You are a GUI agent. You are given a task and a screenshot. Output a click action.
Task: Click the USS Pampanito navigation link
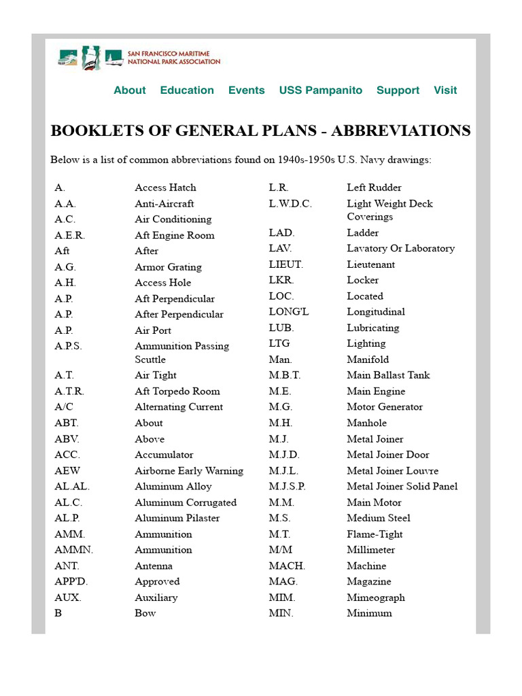pyautogui.click(x=321, y=90)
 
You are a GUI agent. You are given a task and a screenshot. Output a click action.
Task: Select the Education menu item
pyautogui.click(x=187, y=90)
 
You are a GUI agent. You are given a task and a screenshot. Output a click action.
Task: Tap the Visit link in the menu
pyautogui.click(x=445, y=90)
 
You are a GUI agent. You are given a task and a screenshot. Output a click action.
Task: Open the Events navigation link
pyautogui.click(x=246, y=90)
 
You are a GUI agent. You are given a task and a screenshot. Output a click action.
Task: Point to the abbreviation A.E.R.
pyautogui.click(x=70, y=235)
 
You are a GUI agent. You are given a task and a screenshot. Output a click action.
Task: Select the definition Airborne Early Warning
pyautogui.click(x=189, y=470)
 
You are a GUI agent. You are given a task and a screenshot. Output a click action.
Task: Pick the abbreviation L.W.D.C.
pyautogui.click(x=290, y=203)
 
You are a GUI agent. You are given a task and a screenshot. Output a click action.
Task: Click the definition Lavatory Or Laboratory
pyautogui.click(x=400, y=248)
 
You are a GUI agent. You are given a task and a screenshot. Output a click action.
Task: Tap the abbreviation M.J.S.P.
pyautogui.click(x=287, y=486)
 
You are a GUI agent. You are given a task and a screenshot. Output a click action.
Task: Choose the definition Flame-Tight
pyautogui.click(x=375, y=534)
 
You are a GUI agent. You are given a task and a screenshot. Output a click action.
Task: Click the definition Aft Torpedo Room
pyautogui.click(x=177, y=391)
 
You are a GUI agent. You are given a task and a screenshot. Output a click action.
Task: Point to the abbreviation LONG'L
pyautogui.click(x=289, y=311)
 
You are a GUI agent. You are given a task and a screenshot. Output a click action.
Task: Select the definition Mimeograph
pyautogui.click(x=375, y=597)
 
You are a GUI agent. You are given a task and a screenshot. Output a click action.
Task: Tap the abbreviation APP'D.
pyautogui.click(x=71, y=581)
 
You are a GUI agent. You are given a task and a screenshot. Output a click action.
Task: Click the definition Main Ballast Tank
pyautogui.click(x=388, y=375)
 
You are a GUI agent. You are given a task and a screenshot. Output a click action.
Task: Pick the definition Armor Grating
pyautogui.click(x=168, y=267)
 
